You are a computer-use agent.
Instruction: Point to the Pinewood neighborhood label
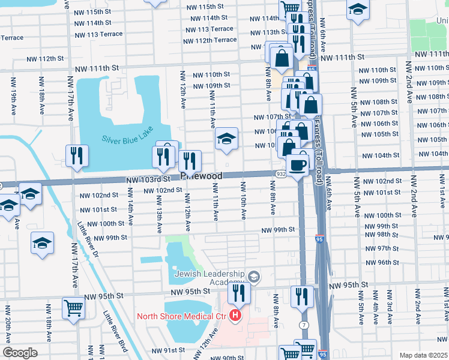click(x=202, y=176)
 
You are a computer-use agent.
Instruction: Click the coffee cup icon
click(x=297, y=164)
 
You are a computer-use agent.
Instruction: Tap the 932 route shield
click(x=281, y=173)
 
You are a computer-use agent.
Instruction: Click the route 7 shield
click(x=304, y=325)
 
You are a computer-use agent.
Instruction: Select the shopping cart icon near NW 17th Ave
click(x=73, y=308)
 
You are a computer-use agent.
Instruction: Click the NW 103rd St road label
click(x=144, y=179)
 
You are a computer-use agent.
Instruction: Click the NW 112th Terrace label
click(x=210, y=40)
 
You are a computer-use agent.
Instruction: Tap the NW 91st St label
click(x=166, y=350)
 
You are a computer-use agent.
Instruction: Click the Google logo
click(x=19, y=353)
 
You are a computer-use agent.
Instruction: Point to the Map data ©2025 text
click(x=423, y=355)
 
